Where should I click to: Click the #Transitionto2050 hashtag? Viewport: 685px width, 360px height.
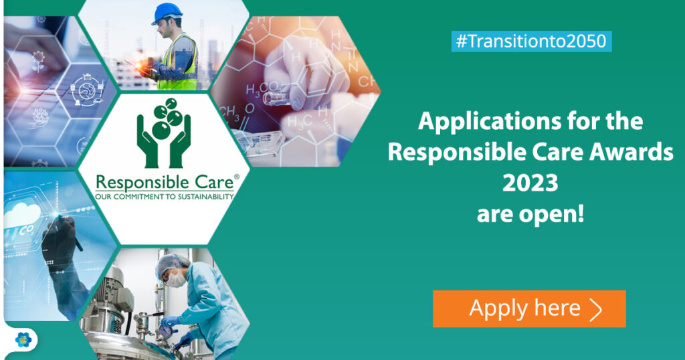pos(531,41)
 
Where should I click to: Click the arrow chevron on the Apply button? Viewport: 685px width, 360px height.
pos(596,309)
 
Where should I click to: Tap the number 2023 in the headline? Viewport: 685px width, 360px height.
pos(530,183)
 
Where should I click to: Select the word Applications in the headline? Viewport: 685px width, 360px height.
pos(490,122)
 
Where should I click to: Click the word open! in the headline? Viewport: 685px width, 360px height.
pos(552,215)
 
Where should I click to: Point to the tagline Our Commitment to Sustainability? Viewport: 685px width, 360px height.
pos(165,197)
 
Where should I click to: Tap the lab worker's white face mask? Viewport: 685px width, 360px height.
pos(177,279)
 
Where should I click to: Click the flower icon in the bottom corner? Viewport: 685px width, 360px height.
pos(23,340)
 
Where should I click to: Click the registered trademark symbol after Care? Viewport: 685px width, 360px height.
pos(237,177)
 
